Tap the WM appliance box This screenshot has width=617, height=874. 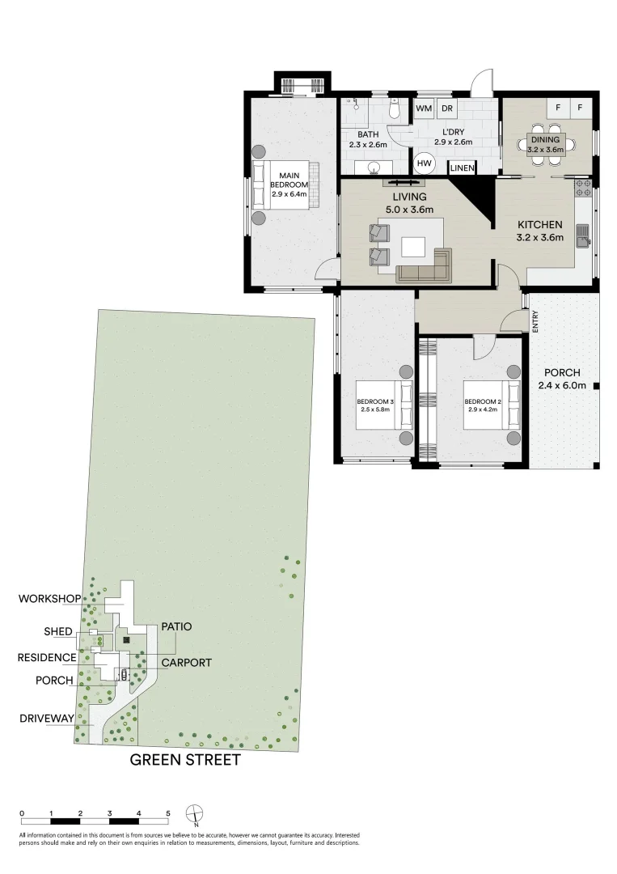click(x=424, y=108)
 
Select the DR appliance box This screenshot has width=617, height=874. click(x=446, y=108)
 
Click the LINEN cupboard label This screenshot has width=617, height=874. click(x=462, y=168)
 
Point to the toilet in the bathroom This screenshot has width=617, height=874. click(x=393, y=108)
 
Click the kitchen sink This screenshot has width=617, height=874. click(x=582, y=235)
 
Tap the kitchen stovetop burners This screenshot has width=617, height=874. click(x=583, y=189)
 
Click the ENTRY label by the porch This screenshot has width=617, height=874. click(x=535, y=321)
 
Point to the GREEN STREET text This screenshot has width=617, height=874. click(x=185, y=760)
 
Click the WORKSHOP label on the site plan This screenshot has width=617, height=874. click(x=49, y=599)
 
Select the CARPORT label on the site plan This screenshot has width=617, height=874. click(x=186, y=662)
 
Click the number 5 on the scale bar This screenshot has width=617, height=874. click(x=168, y=813)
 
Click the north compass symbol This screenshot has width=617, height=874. click(x=195, y=813)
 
